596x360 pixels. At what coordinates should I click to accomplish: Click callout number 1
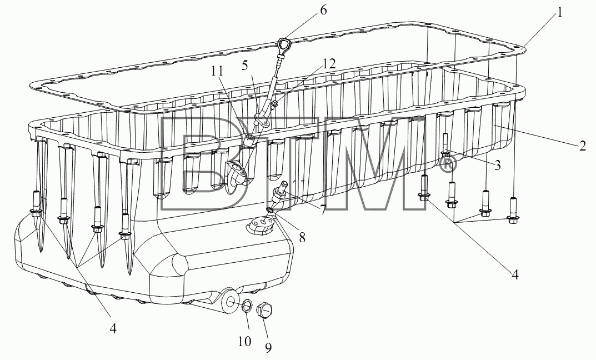(x=559, y=13)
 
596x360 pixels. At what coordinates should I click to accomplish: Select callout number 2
(x=583, y=146)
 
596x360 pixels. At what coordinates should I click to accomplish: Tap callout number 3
(x=497, y=165)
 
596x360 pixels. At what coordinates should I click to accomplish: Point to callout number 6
(x=323, y=10)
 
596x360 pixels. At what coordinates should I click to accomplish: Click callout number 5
(x=244, y=65)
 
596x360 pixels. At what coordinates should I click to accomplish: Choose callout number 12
(x=329, y=64)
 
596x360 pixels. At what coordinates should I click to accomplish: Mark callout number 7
(x=323, y=210)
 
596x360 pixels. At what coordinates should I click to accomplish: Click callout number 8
(x=302, y=237)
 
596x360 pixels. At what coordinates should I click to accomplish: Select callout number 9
(x=268, y=347)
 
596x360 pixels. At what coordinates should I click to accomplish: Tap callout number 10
(x=245, y=341)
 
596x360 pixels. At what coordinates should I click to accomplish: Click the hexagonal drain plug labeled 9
(x=264, y=309)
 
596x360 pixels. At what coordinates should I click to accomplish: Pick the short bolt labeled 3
(x=445, y=146)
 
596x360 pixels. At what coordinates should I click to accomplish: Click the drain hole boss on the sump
(x=229, y=302)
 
